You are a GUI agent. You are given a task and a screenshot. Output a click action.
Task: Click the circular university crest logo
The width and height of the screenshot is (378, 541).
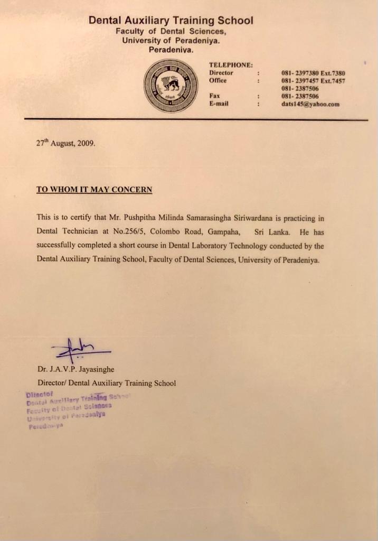pyautogui.click(x=171, y=85)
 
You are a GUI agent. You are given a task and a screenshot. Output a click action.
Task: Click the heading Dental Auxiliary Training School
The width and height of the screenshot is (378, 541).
pyautogui.click(x=171, y=21)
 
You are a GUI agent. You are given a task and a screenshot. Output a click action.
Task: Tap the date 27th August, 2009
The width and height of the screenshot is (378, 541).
pyautogui.click(x=66, y=143)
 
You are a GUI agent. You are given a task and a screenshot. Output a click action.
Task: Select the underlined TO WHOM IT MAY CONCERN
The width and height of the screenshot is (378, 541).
pyautogui.click(x=94, y=189)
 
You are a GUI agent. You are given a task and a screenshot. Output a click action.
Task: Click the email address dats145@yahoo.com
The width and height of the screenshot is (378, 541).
pyautogui.click(x=310, y=104)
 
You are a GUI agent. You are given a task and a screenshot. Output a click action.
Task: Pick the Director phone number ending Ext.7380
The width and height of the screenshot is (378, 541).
pyautogui.click(x=313, y=73)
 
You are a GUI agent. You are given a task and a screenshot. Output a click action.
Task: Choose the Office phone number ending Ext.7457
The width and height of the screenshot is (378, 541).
pyautogui.click(x=313, y=81)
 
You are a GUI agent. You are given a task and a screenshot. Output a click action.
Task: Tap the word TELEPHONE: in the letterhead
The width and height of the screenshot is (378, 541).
pyautogui.click(x=231, y=65)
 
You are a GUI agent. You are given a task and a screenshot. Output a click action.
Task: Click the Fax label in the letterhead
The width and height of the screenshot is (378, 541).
pyautogui.click(x=214, y=96)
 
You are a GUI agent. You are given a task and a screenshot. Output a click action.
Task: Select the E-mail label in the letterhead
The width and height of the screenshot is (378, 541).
pyautogui.click(x=219, y=104)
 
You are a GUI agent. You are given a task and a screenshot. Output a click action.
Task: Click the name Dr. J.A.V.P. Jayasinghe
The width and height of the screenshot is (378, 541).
pyautogui.click(x=75, y=369)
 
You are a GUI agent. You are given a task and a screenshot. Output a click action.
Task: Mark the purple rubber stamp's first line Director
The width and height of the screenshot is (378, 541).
pyautogui.click(x=37, y=394)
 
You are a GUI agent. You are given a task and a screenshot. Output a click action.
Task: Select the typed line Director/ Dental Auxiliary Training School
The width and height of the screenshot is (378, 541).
pyautogui.click(x=106, y=383)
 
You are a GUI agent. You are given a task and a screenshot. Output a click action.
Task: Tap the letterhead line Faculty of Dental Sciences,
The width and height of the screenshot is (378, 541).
pyautogui.click(x=171, y=31)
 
